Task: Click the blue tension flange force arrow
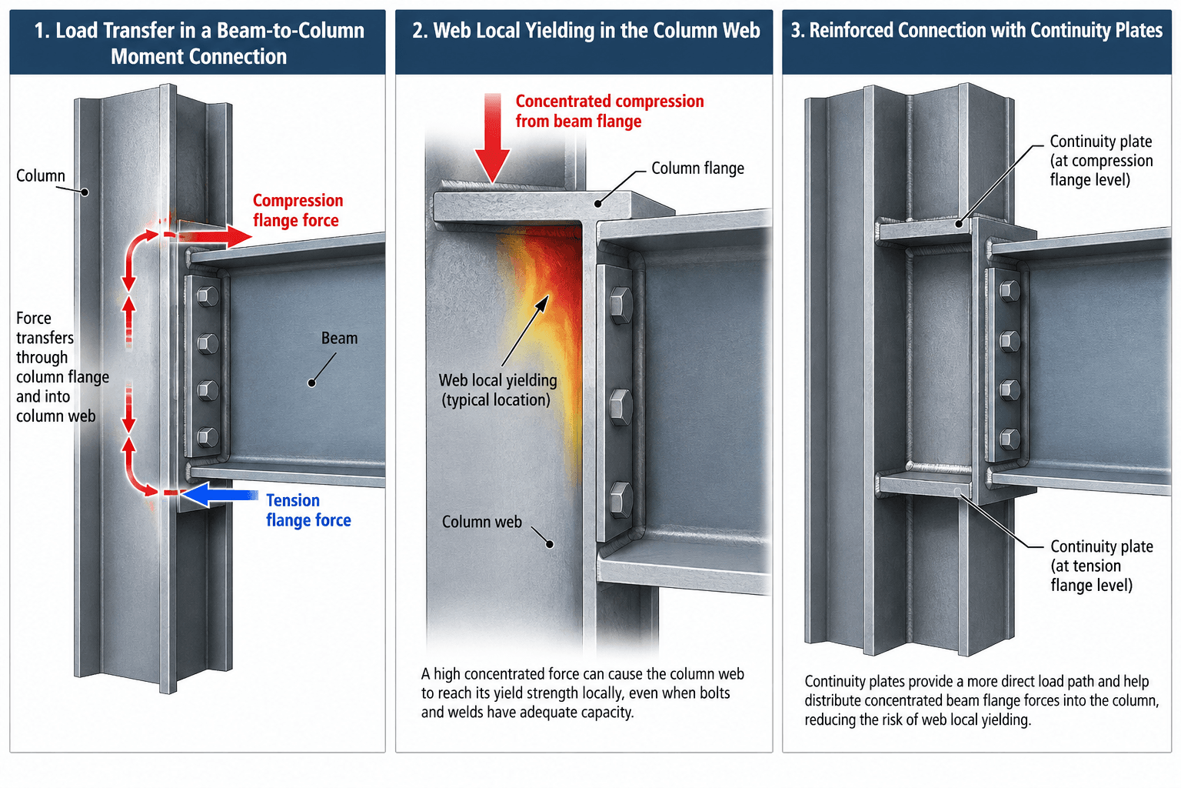221,495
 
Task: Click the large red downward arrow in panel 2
492,139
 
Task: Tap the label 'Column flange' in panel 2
697,169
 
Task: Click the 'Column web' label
482,522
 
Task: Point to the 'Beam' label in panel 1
340,339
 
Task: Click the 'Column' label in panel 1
41,175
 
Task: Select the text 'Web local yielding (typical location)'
497,390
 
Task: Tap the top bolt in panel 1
208,296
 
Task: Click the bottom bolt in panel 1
208,437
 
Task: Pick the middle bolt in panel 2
621,407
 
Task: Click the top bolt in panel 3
1010,291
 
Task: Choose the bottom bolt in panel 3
1010,439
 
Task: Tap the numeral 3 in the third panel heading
796,30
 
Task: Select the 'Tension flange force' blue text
308,510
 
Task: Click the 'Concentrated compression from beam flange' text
610,112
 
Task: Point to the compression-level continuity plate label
1101,161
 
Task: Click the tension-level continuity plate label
1101,566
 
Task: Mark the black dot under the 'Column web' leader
550,544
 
